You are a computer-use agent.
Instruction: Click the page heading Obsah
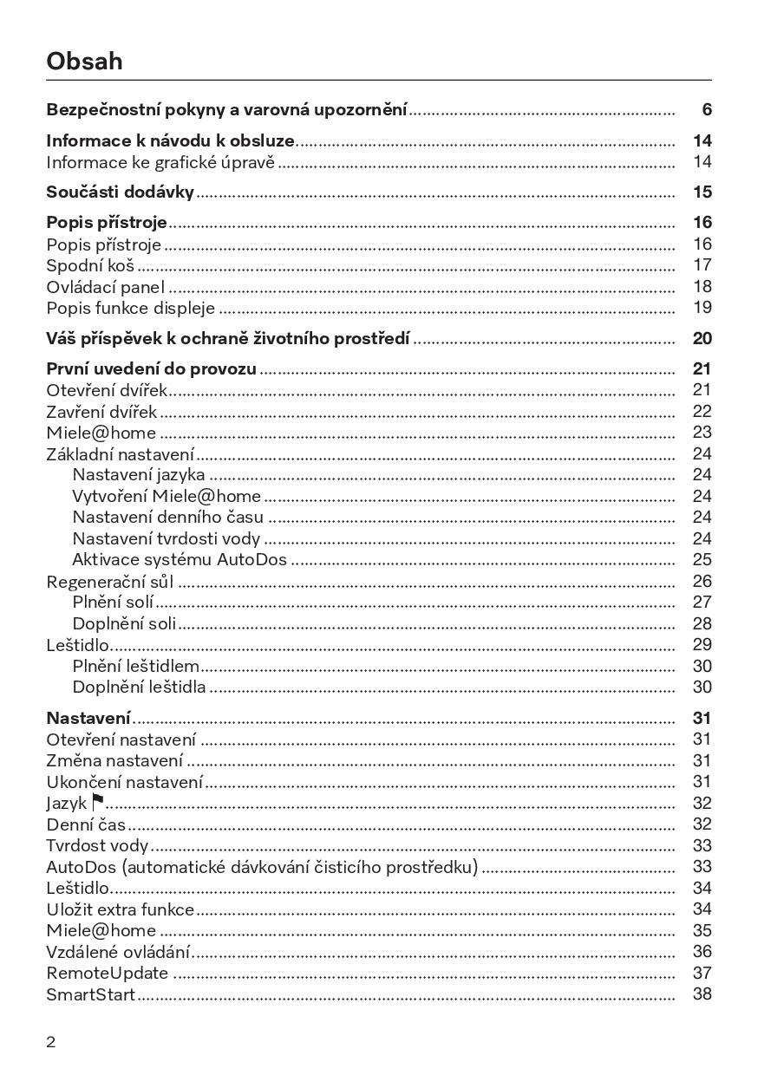84,62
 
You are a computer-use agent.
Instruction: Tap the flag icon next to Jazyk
97,803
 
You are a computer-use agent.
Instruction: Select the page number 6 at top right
707,110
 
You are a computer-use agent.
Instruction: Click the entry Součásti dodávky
120,192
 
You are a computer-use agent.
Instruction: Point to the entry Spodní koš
90,265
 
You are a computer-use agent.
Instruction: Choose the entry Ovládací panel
105,287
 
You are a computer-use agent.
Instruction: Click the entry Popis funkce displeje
130,308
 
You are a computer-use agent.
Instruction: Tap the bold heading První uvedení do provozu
151,368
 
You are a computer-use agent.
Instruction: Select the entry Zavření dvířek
101,412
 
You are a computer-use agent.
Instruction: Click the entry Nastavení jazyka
139,475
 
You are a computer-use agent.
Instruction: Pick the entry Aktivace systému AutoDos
180,560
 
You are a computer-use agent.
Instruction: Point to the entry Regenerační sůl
110,582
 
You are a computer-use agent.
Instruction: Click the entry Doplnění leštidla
139,687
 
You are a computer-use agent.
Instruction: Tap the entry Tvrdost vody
97,845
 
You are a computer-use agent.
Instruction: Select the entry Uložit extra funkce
120,909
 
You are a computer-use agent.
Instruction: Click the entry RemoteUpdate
107,974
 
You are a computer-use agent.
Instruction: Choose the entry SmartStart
91,994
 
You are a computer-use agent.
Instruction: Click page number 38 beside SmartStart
702,994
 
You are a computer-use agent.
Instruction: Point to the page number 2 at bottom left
50,1042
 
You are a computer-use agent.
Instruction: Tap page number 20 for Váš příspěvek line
702,338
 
